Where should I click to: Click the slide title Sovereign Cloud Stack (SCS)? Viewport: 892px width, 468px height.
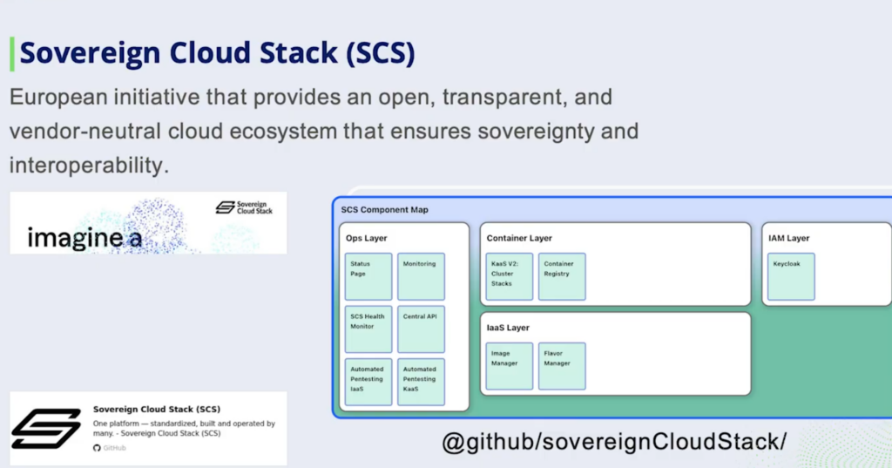[x=217, y=54]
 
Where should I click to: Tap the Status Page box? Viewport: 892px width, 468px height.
[x=368, y=276]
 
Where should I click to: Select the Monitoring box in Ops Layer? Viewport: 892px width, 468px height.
[x=422, y=276]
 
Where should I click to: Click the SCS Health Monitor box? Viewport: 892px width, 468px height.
[x=368, y=329]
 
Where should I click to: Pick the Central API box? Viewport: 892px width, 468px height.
[x=422, y=329]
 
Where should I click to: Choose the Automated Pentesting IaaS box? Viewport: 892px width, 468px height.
[x=368, y=382]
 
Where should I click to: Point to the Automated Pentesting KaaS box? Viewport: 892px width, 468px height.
[x=422, y=382]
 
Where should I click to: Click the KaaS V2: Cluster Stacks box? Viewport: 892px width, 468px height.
[x=510, y=276]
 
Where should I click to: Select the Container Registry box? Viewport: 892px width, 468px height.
[x=562, y=276]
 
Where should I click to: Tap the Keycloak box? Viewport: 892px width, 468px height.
[x=791, y=276]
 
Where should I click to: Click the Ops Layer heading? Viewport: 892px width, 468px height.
[x=366, y=238]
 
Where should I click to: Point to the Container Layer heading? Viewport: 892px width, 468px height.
[x=519, y=238]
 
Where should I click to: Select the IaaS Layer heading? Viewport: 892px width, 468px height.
[x=508, y=328]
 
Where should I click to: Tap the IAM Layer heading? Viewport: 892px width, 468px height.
[x=788, y=238]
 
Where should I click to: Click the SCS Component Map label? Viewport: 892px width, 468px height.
[x=384, y=210]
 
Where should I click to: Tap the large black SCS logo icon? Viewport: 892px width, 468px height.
[x=46, y=428]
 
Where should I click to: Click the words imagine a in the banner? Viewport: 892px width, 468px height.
[x=84, y=237]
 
